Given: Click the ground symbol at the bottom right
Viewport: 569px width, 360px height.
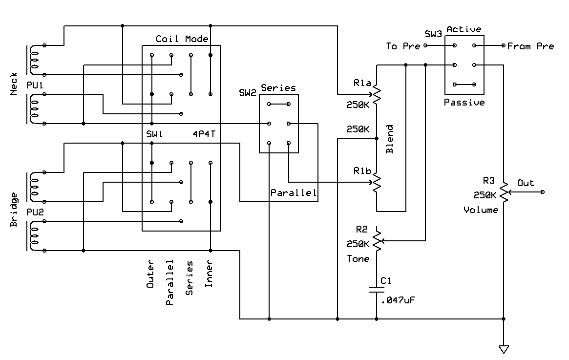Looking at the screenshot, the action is pos(504,349).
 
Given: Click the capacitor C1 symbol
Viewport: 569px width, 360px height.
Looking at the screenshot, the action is pos(377,290).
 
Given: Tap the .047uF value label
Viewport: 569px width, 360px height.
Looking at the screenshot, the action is pos(398,300).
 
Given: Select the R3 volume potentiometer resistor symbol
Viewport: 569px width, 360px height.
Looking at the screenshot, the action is pos(504,192).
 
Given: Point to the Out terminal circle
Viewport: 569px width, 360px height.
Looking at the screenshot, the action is pos(543,192).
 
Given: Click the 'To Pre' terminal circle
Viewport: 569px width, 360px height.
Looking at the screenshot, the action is pos(426,45).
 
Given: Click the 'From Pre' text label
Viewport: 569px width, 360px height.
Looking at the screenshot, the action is pos(530,46).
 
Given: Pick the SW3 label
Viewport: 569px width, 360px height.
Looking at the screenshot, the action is pos(433,34).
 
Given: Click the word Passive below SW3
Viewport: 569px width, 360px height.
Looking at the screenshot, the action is pos(464,103).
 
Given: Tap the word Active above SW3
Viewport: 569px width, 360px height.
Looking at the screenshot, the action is pos(464,29).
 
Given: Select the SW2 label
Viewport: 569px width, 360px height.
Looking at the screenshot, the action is pos(248,92).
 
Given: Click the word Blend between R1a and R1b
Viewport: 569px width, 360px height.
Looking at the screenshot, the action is pos(389,139).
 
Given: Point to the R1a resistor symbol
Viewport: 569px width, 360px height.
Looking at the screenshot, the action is pos(377,95).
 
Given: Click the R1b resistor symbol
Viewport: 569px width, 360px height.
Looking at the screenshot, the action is pos(377,183).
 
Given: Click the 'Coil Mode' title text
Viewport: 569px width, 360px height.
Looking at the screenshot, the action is pos(182,39).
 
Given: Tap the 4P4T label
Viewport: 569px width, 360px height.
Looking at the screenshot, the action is pos(204,134).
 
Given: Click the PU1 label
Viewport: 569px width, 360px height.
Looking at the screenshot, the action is pos(35,85).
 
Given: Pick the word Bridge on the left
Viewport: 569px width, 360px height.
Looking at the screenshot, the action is pos(13,210).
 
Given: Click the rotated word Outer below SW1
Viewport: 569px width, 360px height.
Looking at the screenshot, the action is pos(150,274).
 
